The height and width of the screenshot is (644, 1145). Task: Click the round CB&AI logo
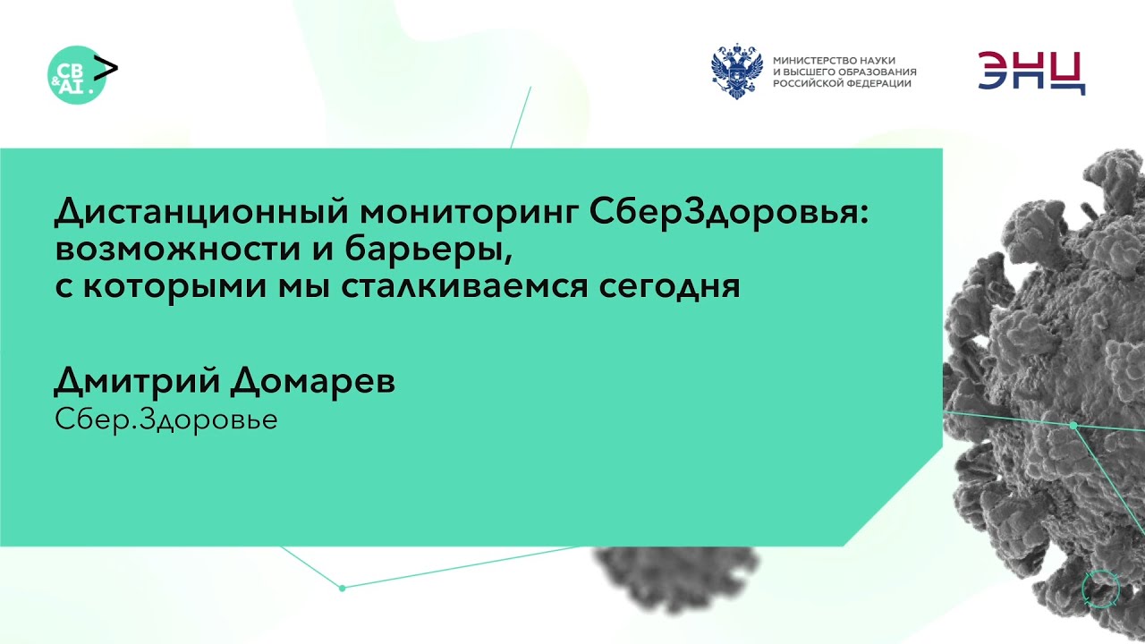pyautogui.click(x=75, y=74)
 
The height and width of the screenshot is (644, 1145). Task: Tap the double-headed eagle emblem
pyautogui.click(x=737, y=72)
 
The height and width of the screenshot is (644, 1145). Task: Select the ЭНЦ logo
pyautogui.click(x=1030, y=72)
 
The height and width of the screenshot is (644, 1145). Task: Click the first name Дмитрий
pyautogui.click(x=136, y=382)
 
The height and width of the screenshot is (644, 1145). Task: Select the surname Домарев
pyautogui.click(x=312, y=382)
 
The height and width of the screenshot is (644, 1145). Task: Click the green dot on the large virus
pyautogui.click(x=1073, y=426)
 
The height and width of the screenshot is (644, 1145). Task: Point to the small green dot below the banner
pyautogui.click(x=342, y=588)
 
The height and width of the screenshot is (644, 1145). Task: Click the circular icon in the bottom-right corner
pyautogui.click(x=1100, y=587)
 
